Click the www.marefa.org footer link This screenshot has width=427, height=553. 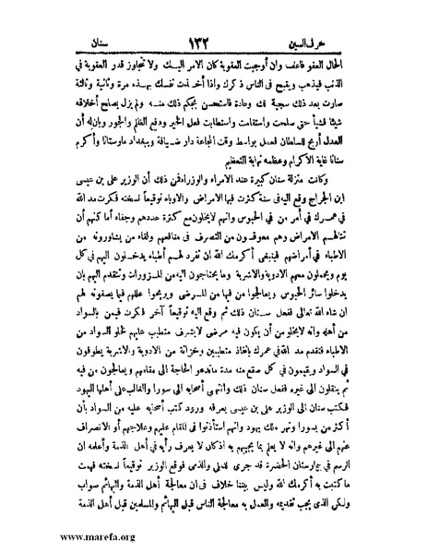[51, 535]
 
